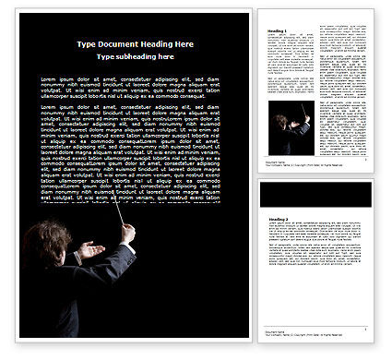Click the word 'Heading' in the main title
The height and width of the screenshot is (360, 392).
tap(155, 44)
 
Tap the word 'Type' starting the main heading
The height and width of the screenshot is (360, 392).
tap(88, 44)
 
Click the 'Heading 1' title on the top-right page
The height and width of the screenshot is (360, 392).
tap(277, 30)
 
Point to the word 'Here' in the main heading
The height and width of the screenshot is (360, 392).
tap(184, 44)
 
